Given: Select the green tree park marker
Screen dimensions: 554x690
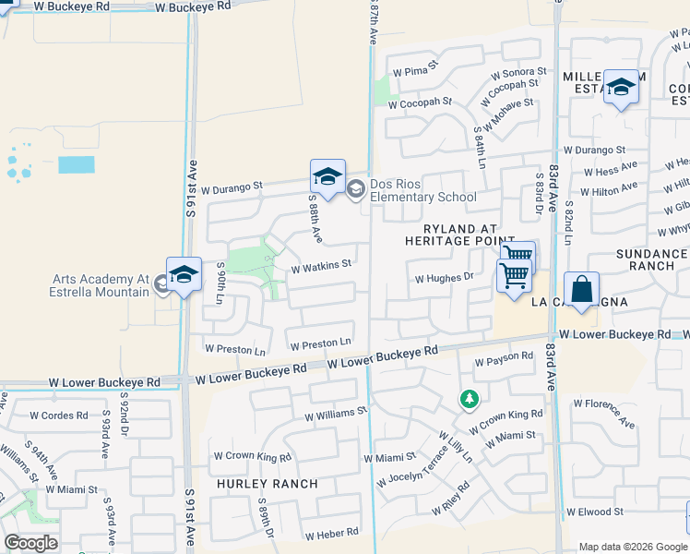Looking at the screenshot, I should pos(470,400).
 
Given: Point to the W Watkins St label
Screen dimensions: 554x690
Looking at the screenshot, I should pos(321,265).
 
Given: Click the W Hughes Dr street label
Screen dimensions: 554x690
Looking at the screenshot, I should pos(444,277).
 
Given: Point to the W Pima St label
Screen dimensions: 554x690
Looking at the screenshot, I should pos(414,71).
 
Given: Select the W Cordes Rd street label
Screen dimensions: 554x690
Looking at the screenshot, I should pos(58,415).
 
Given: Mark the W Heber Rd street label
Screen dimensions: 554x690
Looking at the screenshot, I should pos(331,535).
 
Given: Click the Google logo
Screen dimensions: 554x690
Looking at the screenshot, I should pos(30,543).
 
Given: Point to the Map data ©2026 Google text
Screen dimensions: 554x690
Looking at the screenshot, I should pos(632,547).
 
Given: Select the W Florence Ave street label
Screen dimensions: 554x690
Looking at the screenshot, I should pos(605,413).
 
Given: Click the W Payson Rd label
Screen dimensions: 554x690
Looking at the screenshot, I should pos(504,357).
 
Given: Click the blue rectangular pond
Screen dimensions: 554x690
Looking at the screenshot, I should pos(76,165).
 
